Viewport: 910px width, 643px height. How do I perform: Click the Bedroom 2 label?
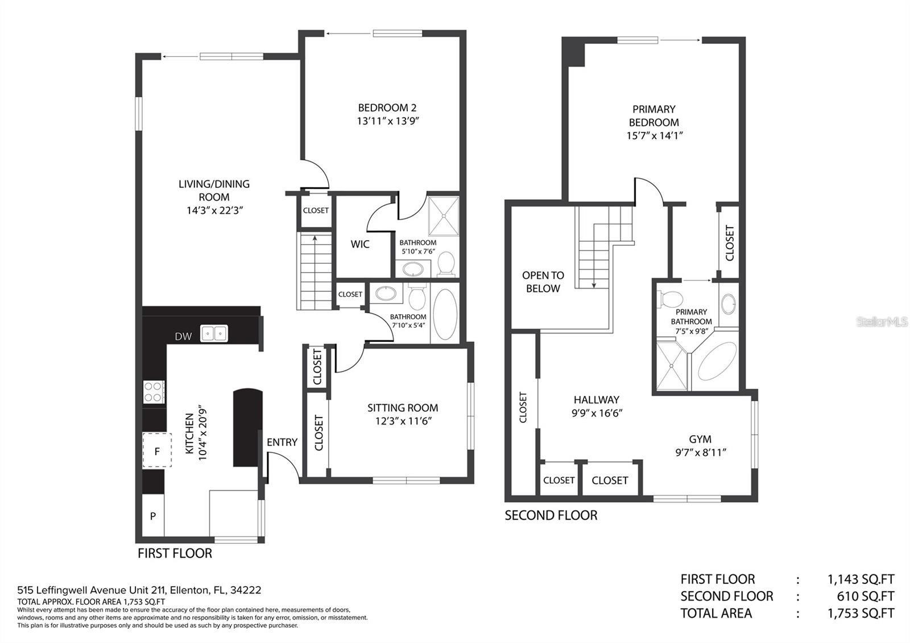tap(387, 108)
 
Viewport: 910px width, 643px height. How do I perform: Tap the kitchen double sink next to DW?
tap(214, 333)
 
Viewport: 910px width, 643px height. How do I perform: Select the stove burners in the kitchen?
tap(154, 391)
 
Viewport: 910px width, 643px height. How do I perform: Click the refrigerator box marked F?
tap(157, 451)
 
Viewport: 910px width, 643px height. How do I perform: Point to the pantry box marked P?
tap(152, 516)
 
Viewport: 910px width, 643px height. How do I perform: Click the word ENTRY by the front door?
tap(282, 442)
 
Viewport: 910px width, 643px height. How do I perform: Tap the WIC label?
tap(360, 244)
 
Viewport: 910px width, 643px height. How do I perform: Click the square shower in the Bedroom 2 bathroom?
tap(443, 216)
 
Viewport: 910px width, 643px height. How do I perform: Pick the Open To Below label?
tap(543, 282)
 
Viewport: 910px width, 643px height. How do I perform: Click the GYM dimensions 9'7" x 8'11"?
tap(700, 453)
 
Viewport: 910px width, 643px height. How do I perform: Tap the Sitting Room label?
tap(403, 408)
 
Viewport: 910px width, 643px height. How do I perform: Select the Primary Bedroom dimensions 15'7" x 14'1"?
tap(654, 135)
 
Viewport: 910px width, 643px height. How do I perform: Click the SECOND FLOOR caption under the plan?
tap(551, 516)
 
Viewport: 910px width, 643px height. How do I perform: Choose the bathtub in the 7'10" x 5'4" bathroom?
tap(445, 314)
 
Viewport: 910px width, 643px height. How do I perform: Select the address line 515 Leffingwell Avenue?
tap(139, 590)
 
